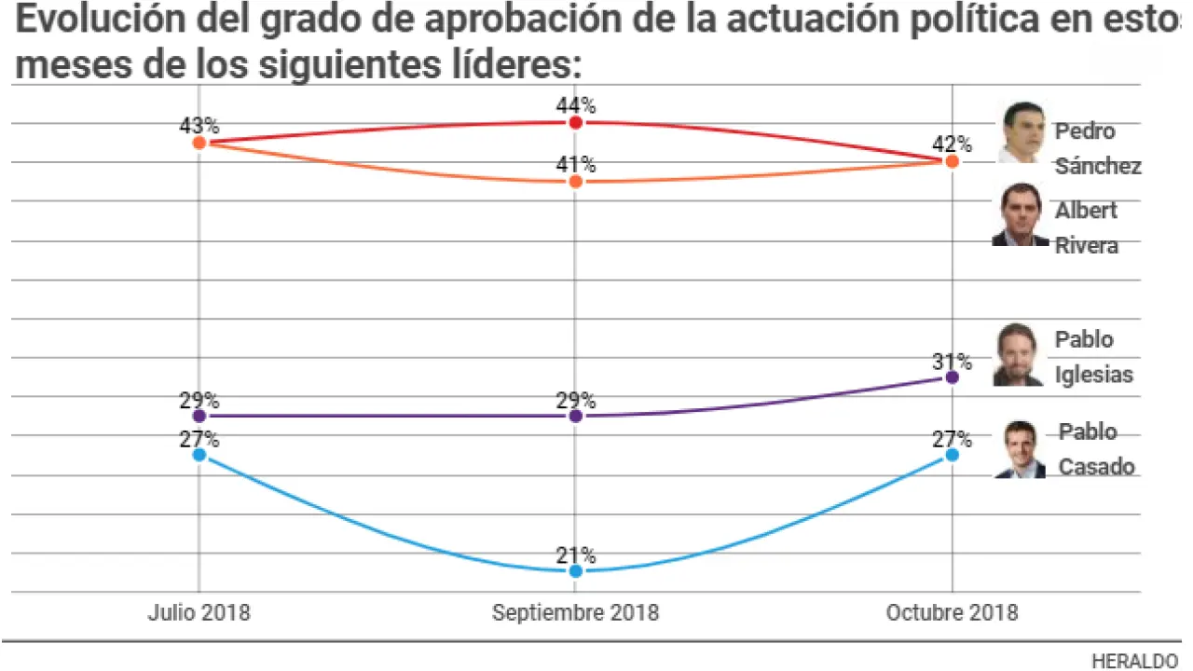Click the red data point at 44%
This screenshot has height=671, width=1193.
tap(575, 123)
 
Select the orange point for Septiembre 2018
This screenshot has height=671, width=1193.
tap(575, 182)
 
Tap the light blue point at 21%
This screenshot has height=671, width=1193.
tap(575, 570)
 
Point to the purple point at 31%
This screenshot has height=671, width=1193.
tap(952, 377)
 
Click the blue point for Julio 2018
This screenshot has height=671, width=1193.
tap(199, 455)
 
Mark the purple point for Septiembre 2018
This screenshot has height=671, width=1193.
tap(575, 416)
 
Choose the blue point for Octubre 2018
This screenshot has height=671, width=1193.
tap(952, 455)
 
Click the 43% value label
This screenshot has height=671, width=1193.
tap(199, 125)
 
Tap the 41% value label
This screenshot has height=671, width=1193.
tap(576, 165)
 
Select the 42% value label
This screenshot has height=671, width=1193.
tap(953, 144)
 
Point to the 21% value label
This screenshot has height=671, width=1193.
tap(576, 555)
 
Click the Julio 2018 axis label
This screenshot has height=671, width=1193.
tap(199, 612)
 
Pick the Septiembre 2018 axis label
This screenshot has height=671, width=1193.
tap(575, 612)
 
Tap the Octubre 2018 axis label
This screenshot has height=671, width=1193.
tap(952, 612)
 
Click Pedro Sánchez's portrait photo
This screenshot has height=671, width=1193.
tap(1022, 133)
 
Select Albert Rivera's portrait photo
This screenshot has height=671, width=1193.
tap(1020, 215)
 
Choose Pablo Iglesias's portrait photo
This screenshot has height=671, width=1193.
tap(1018, 355)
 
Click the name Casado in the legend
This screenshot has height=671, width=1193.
tap(1096, 467)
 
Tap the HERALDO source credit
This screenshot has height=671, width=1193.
tap(1134, 661)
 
